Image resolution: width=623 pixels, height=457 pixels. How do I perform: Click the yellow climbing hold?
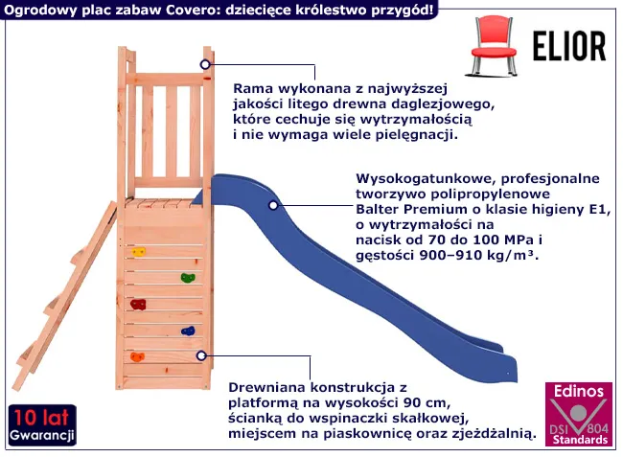point(138,252)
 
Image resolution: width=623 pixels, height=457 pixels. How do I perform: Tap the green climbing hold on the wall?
point(188,278)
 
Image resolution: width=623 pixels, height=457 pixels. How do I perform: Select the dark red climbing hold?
point(138,305)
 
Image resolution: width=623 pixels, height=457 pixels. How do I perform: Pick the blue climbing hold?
point(188,331)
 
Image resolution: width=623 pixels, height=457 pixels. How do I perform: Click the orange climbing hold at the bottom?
point(137,357)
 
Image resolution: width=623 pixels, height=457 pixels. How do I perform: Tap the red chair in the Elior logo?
point(493,46)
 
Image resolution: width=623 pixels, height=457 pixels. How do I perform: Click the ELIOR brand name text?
point(569,46)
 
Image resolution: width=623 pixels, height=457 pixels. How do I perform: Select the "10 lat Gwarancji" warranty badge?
point(42,425)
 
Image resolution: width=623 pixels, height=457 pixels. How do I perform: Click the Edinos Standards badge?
point(578,415)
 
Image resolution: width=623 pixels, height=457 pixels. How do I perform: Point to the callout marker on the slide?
point(273,205)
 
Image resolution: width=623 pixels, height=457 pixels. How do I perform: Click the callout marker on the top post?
point(205,64)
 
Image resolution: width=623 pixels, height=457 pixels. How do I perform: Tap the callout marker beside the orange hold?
point(201,355)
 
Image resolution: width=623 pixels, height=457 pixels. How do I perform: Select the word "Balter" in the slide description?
point(377,209)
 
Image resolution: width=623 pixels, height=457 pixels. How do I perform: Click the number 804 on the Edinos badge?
point(597,428)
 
